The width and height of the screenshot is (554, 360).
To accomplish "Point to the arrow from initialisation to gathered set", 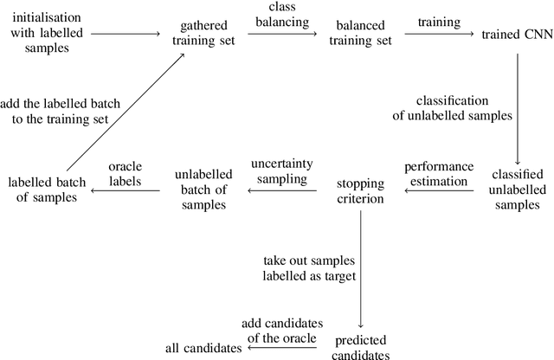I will point(126,34).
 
